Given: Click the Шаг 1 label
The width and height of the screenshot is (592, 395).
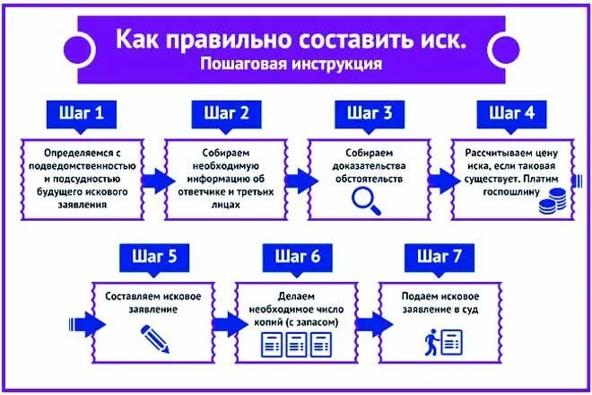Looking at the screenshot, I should click(81, 113).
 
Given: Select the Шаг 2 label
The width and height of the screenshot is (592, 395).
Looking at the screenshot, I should click(226, 113).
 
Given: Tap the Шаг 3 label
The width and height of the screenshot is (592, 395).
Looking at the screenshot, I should click(369, 113).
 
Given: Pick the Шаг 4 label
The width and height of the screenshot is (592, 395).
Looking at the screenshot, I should click(511, 113).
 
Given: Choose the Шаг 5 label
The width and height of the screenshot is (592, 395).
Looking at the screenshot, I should click(153, 257).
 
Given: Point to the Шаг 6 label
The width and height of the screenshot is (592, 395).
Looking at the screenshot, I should click(297, 257).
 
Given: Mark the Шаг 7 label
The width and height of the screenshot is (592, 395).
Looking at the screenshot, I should click(440, 257).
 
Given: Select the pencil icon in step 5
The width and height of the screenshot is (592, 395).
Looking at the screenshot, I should click(154, 338).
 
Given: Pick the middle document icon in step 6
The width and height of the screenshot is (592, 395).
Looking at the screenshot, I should click(296, 343).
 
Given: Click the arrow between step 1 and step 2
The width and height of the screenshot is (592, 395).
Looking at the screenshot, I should click(154, 180).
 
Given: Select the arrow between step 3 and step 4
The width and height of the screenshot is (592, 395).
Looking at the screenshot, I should click(440, 180).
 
